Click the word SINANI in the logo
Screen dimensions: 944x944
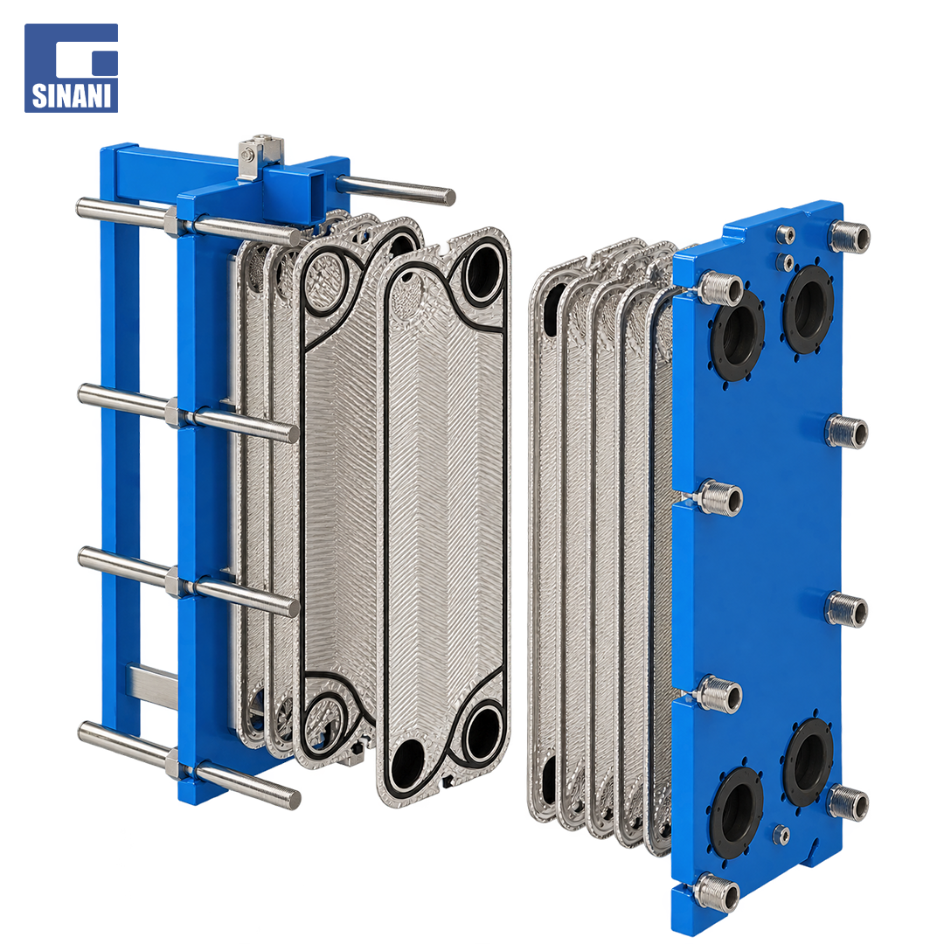pyautogui.click(x=71, y=95)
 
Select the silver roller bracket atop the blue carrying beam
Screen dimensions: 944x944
pyautogui.click(x=260, y=157)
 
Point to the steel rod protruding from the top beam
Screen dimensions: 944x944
pyautogui.click(x=393, y=189)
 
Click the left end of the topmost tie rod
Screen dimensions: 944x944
pyautogui.click(x=80, y=207)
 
